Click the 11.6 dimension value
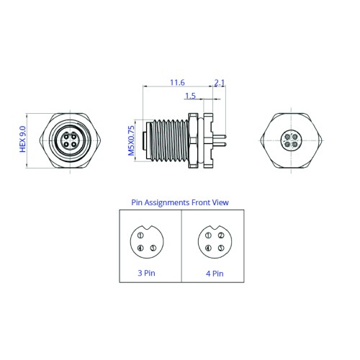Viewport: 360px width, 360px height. point(177,83)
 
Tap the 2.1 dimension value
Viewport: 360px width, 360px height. point(220,83)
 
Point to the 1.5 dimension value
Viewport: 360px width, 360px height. point(190,96)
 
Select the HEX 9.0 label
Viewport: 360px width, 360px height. point(22,139)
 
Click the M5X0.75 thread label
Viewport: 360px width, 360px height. point(131,141)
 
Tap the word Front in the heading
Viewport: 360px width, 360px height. point(201,202)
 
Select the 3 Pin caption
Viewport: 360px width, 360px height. point(146,273)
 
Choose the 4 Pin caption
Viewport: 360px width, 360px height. point(215,274)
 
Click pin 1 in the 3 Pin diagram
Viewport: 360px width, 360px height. point(140,235)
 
